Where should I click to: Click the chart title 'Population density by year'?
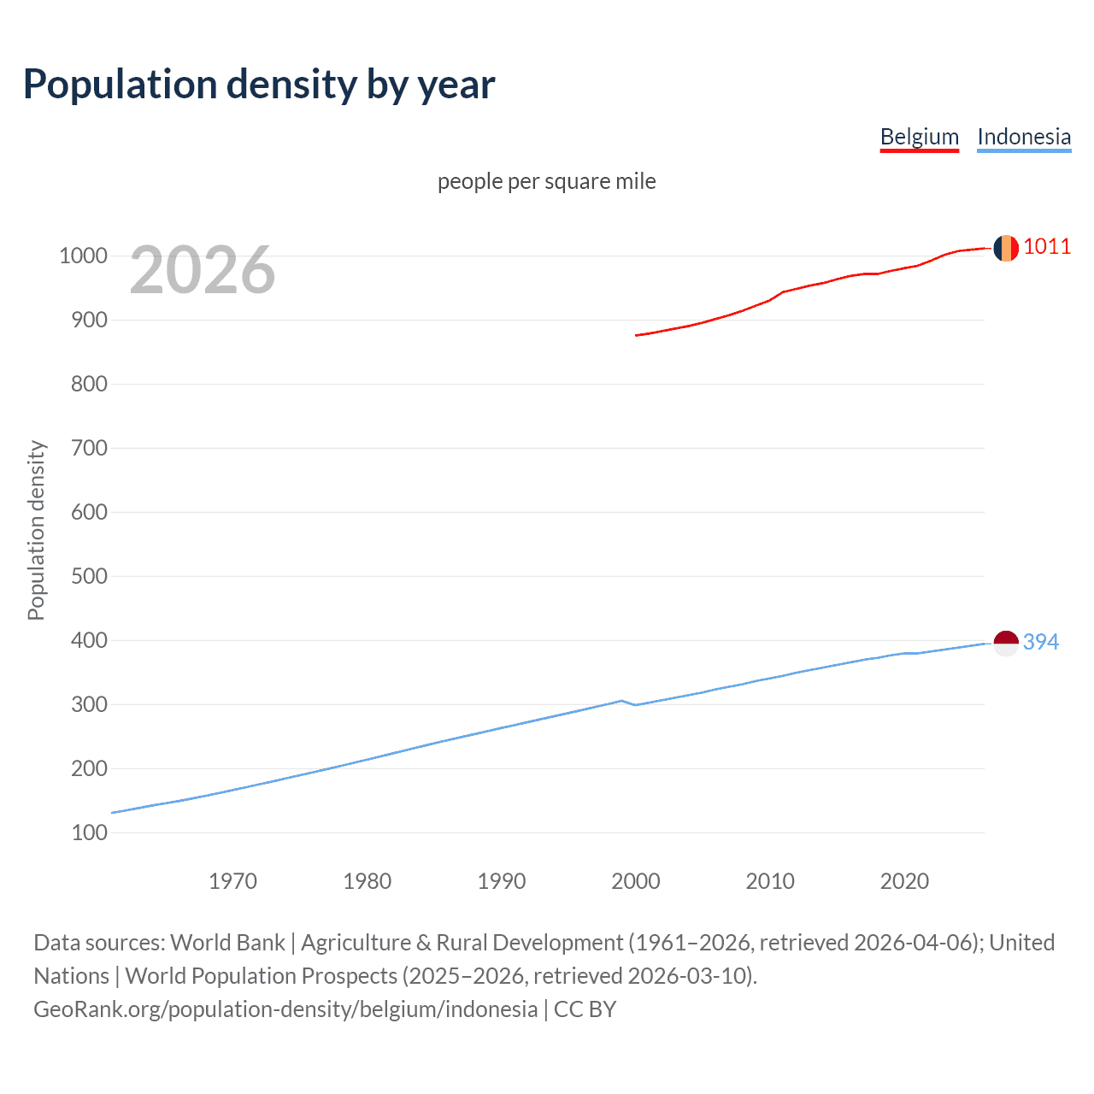259,84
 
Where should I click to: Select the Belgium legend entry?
919,137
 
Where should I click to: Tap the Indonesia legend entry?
1023,137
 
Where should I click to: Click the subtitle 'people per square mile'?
546,181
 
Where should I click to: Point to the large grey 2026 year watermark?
203,270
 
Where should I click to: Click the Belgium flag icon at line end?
1006,248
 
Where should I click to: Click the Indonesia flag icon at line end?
1006,643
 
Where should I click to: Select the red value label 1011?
1047,247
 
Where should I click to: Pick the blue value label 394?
1041,642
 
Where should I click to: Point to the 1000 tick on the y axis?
83,256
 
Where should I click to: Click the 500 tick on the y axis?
89,576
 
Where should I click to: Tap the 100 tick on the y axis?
89,832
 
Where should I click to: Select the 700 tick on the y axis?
89,448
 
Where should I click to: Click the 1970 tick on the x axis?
232,881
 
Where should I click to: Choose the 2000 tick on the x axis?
635,881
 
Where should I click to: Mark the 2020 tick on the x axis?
904,881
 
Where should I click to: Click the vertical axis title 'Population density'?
36,530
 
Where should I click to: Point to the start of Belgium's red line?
637,335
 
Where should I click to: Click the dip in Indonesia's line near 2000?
635,705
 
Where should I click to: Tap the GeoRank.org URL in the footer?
285,1009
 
